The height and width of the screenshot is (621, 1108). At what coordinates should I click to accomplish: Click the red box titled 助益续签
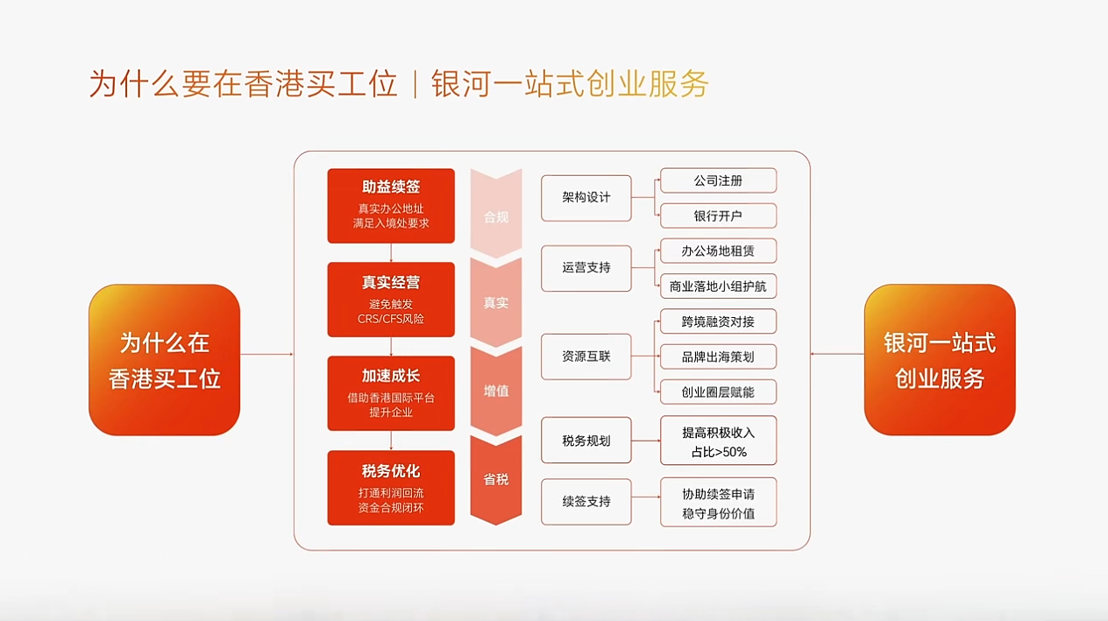click(x=391, y=206)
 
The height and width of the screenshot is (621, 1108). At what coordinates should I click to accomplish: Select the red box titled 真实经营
click(x=391, y=300)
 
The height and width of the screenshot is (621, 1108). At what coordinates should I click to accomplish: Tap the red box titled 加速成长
click(x=391, y=393)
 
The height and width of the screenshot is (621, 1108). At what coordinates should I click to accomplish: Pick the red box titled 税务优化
click(x=391, y=488)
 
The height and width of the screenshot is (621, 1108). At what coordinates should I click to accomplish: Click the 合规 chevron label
click(x=496, y=216)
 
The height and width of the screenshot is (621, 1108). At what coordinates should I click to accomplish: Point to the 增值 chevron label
click(x=496, y=391)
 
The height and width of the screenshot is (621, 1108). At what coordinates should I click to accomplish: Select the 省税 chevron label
click(x=496, y=479)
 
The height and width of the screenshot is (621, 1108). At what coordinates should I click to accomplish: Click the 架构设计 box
click(x=586, y=198)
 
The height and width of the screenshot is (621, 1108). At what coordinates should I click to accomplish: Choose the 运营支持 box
click(x=586, y=268)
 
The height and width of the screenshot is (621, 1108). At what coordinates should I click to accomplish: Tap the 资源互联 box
click(x=586, y=356)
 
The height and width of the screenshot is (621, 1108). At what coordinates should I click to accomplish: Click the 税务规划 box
click(x=586, y=441)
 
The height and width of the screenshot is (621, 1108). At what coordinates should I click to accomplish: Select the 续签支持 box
click(x=586, y=502)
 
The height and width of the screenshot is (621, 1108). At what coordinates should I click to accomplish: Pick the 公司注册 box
click(x=718, y=180)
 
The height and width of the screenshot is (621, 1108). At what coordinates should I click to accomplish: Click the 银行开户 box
click(x=718, y=215)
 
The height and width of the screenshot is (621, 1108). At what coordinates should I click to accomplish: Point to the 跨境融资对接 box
click(x=718, y=321)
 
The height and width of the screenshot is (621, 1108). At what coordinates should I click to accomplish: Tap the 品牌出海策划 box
click(x=718, y=356)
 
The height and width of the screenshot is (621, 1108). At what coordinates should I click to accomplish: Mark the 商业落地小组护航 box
click(x=718, y=286)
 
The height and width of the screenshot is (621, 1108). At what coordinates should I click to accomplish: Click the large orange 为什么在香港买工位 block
click(x=164, y=360)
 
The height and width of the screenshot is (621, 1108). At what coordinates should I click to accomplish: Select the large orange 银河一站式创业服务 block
click(x=940, y=360)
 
